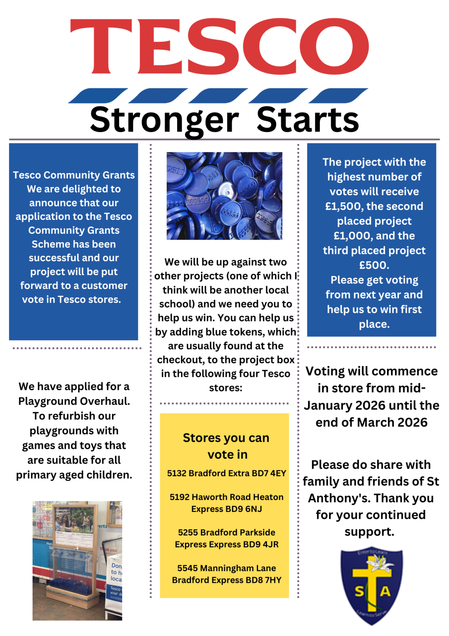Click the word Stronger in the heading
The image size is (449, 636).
pos(164,120)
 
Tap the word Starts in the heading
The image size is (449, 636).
pos(308,120)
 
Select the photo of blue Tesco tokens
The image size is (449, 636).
pos(224,196)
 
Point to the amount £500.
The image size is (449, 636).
pos(374,265)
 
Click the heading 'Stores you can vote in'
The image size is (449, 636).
pos(226,446)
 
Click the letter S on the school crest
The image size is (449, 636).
pos(359,592)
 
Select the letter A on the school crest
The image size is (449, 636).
pos(385,591)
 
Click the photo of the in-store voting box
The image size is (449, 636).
pos(77,560)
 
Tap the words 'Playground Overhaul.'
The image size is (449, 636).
pos(74,401)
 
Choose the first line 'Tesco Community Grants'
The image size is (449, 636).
pos(74,175)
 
